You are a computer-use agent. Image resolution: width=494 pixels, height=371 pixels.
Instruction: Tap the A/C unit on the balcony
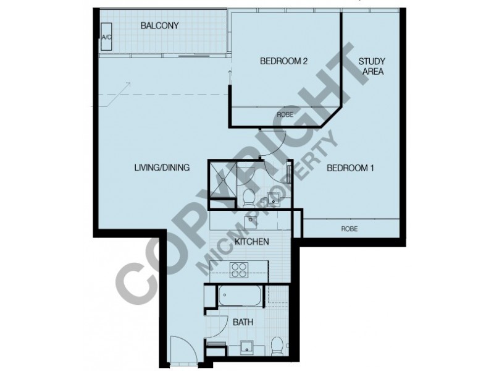pos(106,36)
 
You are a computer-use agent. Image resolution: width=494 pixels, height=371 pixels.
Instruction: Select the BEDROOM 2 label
pos(283,61)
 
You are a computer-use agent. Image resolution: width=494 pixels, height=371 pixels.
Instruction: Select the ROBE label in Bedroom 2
pos(285,114)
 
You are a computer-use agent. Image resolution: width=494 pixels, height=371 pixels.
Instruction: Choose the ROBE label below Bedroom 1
pos(350,229)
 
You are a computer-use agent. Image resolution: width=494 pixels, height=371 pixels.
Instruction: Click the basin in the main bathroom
pos(250,348)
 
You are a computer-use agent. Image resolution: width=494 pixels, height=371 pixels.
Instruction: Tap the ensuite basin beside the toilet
pos(272,198)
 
